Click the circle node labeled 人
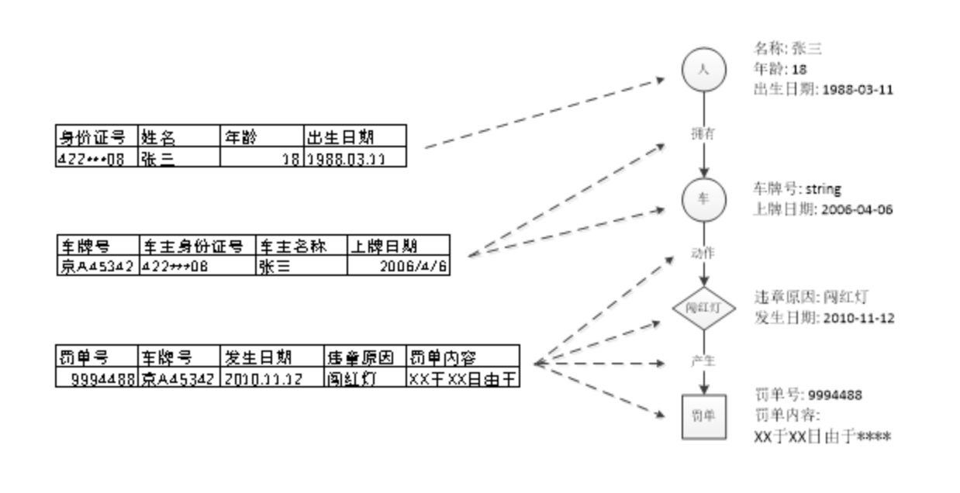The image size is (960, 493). point(703,71)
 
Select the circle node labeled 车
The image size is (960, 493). point(703,199)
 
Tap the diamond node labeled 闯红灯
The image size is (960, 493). point(703,309)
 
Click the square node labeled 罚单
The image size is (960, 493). point(703,417)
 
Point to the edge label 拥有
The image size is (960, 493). point(703,133)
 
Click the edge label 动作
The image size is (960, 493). point(703,253)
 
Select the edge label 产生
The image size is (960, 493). point(703,363)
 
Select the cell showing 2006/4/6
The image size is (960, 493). point(399,266)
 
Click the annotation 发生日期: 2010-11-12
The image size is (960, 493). point(824,317)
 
